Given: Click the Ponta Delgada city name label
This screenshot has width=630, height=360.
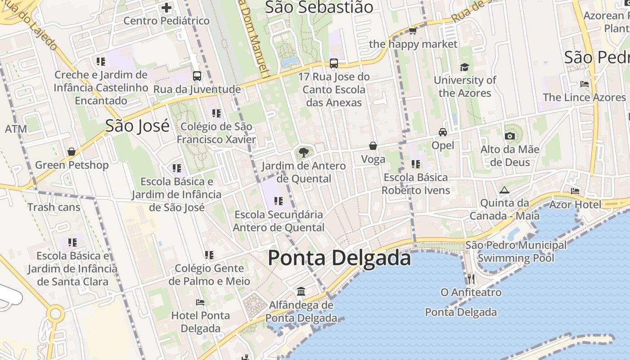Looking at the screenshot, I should [339, 258].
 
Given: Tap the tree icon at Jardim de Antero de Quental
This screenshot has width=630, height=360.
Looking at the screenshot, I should [304, 152].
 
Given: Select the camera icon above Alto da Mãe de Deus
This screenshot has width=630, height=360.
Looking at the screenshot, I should [509, 136].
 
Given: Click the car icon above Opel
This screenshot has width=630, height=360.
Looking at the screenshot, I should [443, 132].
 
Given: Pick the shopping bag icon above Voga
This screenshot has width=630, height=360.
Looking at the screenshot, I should [373, 146].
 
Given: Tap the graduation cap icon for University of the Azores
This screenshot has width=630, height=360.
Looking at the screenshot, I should [464, 67].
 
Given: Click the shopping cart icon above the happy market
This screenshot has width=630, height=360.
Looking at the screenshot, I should [413, 31].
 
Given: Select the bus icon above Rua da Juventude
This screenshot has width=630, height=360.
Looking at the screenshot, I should [197, 76].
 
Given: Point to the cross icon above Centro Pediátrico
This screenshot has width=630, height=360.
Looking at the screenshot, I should [166, 7].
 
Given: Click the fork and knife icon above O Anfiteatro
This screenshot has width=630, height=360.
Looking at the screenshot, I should [471, 279].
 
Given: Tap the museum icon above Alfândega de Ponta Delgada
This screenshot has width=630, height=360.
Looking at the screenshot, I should [301, 292].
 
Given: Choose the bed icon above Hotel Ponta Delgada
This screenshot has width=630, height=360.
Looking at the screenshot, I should [200, 302].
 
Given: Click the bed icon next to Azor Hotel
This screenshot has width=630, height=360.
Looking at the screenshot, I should [575, 191].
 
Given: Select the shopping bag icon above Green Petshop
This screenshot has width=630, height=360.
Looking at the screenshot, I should [72, 152].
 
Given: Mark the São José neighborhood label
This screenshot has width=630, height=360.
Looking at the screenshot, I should [137, 126].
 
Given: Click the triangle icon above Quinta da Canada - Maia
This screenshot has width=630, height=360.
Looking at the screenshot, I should [504, 190].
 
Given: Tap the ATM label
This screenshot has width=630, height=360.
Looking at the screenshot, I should [16, 129].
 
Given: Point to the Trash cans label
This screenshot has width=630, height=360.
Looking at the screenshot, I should [54, 207].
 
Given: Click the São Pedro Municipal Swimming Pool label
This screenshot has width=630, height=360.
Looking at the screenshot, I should [516, 252].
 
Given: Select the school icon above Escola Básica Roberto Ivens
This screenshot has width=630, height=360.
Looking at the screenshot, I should [415, 164].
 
